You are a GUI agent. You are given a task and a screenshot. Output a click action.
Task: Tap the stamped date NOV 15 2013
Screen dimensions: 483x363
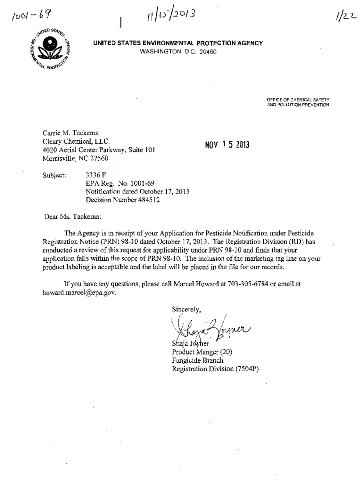pyautogui.click(x=227, y=144)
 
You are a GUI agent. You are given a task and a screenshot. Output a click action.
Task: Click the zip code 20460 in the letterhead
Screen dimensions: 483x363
pyautogui.click(x=207, y=51)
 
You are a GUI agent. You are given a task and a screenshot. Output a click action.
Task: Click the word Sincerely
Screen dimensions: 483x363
pyautogui.click(x=187, y=309)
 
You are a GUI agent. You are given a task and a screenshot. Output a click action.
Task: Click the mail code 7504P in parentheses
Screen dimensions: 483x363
pyautogui.click(x=246, y=369)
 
